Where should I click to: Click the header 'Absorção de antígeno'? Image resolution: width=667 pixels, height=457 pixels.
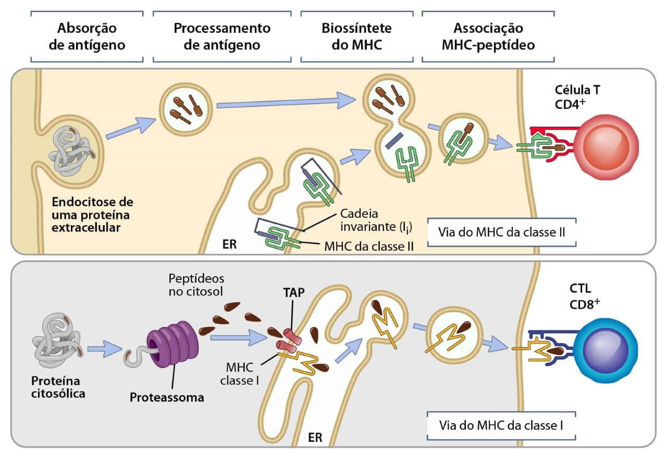[87, 36]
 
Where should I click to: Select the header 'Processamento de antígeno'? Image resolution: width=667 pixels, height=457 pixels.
[222, 36]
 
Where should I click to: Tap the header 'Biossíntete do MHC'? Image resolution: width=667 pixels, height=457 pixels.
[356, 36]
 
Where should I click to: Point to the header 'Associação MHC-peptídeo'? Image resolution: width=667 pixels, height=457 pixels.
[488, 36]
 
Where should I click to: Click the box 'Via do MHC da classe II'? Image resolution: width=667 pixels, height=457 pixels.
[502, 232]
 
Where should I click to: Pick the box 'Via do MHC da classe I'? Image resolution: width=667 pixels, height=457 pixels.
[501, 425]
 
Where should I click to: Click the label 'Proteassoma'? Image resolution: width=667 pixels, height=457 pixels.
[167, 398]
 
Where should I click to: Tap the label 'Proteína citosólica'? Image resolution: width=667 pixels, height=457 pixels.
[57, 386]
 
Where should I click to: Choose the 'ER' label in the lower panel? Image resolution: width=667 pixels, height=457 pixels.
[315, 437]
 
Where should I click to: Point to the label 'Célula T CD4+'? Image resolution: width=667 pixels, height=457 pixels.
[576, 96]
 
